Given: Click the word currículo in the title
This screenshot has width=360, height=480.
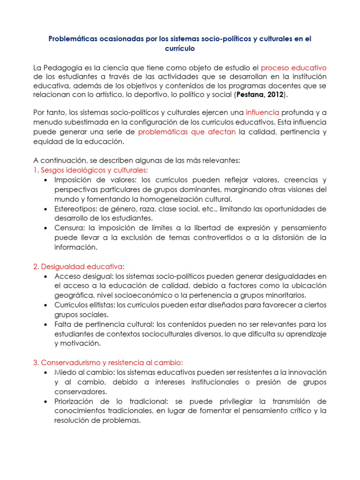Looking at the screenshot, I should [x=180, y=48].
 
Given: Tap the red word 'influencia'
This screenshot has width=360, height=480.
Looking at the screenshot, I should [x=262, y=112].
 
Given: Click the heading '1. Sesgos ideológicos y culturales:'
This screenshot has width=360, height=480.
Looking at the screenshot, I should [x=90, y=170].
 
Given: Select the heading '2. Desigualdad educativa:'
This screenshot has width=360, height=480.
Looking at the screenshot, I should [x=79, y=266].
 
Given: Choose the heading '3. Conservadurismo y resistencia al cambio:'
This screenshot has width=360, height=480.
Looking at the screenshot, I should [x=107, y=363].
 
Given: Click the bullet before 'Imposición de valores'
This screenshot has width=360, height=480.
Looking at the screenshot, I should [x=45, y=180].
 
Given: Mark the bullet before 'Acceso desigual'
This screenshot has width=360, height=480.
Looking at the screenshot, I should [x=45, y=277].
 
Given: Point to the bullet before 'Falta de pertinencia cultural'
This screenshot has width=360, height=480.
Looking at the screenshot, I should [x=45, y=324].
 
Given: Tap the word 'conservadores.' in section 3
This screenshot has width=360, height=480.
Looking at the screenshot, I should [x=80, y=392].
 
